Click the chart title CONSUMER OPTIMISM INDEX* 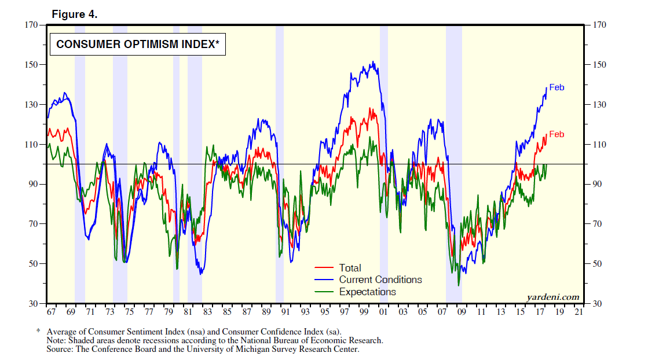pos(137,44)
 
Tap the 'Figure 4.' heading pos(75,14)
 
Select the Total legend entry pos(350,268)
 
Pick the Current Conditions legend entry pos(380,280)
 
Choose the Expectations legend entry pos(367,292)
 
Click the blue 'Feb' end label pos(557,87)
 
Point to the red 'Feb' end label pos(557,134)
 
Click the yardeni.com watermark pos(553,297)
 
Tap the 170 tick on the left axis pos(30,25)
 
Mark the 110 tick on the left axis pos(30,144)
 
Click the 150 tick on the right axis pos(599,65)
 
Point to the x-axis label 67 pos(51,312)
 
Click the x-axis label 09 pos(462,312)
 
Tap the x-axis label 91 pos(285,312)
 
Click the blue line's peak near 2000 pos(374,62)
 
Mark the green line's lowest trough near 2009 pos(459,285)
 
